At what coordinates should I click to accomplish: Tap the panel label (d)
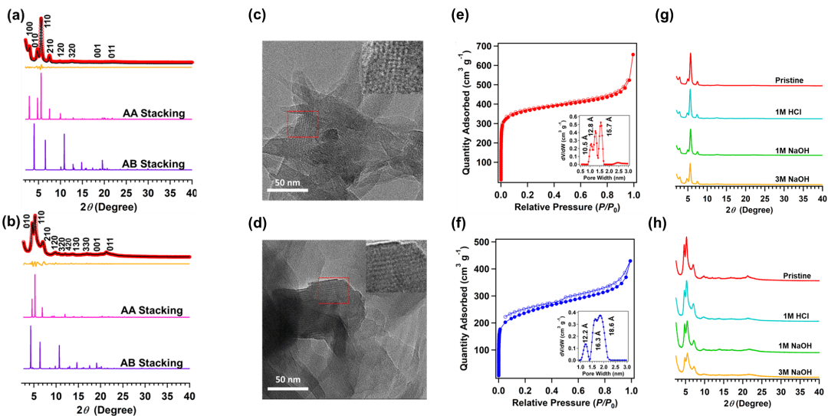pyautogui.click(x=257, y=224)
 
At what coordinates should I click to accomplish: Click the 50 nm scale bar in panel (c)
pyautogui.click(x=287, y=188)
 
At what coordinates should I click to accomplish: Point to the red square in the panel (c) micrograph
pyautogui.click(x=302, y=123)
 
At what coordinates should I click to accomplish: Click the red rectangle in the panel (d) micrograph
pyautogui.click(x=332, y=290)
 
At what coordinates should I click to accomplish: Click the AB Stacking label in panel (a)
pyautogui.click(x=153, y=164)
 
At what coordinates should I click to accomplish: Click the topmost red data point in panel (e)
pyautogui.click(x=633, y=54)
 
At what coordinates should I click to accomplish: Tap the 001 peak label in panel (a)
pyautogui.click(x=98, y=51)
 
